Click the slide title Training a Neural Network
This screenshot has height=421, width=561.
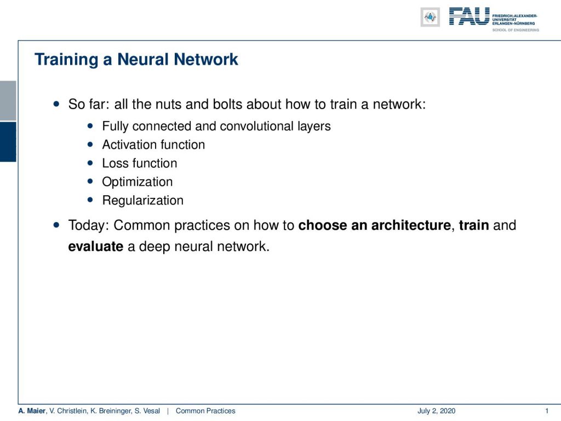click(136, 59)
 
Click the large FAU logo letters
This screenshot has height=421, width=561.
click(469, 16)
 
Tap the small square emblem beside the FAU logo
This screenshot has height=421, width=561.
click(430, 17)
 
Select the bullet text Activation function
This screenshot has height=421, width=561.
click(153, 145)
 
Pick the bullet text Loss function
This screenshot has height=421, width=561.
click(140, 163)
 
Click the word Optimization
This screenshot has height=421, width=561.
click(138, 182)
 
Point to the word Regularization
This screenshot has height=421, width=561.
click(143, 201)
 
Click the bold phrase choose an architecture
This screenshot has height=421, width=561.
click(375, 225)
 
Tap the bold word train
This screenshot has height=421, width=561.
click(474, 225)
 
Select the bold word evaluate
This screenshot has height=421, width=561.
click(96, 246)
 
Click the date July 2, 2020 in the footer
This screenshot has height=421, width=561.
click(437, 411)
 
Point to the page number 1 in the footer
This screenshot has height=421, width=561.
click(547, 411)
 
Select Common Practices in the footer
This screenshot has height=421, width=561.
click(205, 411)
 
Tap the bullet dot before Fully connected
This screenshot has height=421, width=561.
click(90, 126)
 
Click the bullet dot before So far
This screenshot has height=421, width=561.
click(56, 104)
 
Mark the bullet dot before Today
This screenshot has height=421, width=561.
click(56, 225)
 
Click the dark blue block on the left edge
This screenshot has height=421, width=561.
click(8, 142)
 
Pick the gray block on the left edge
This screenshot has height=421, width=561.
click(8, 101)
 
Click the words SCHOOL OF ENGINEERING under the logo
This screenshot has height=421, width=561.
click(516, 30)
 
